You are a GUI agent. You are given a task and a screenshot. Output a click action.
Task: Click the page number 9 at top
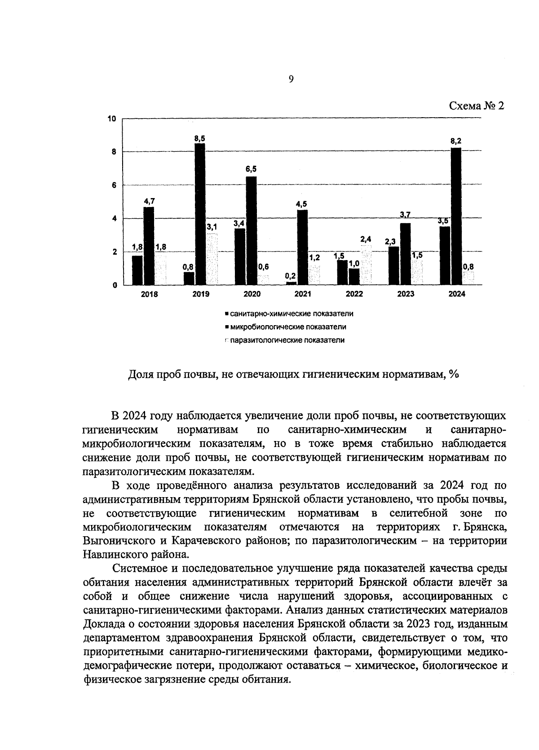click(291, 79)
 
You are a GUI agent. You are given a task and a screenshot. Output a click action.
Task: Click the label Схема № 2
click(477, 106)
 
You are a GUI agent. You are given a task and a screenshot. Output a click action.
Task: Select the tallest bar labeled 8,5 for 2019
click(200, 214)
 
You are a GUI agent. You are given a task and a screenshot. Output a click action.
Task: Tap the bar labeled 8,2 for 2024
click(456, 216)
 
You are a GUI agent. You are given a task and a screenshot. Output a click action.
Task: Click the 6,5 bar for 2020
click(252, 230)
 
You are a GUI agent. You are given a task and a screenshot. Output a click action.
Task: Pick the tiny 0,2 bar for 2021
click(292, 283)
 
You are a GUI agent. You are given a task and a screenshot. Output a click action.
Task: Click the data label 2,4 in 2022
click(366, 239)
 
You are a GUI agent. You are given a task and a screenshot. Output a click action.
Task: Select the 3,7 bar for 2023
click(405, 254)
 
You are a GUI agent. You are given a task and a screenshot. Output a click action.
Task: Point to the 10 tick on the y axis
click(112, 119)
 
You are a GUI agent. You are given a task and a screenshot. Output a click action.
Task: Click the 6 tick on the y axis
click(114, 185)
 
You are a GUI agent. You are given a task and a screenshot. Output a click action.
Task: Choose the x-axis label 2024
click(457, 295)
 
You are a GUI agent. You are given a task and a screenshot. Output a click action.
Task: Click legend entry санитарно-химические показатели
click(292, 314)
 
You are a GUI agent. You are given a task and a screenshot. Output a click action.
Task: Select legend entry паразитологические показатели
click(287, 340)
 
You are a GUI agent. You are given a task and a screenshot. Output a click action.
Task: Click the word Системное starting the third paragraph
click(140, 568)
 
